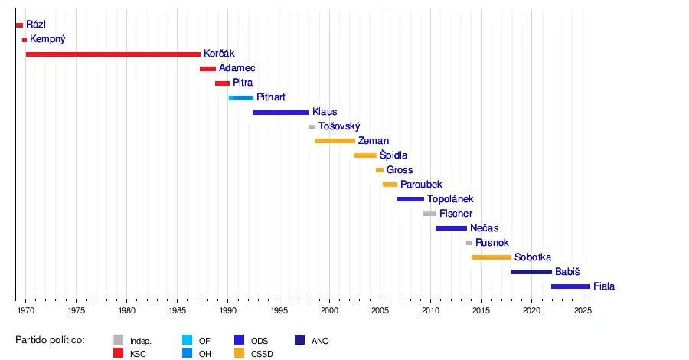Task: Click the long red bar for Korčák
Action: (113, 54)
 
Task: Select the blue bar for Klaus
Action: (281, 113)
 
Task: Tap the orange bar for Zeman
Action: (335, 141)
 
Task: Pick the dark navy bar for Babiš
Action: (531, 272)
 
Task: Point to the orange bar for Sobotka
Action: (491, 257)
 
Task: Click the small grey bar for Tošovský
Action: (312, 126)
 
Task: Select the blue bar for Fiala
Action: (570, 286)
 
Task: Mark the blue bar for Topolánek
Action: (410, 199)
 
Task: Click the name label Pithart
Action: (271, 97)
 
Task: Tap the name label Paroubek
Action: (421, 185)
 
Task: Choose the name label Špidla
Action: (393, 155)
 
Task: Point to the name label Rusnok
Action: (491, 243)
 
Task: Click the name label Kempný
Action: (47, 39)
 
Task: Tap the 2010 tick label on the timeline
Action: (430, 310)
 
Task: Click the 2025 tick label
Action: (583, 310)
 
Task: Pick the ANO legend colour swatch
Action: (299, 340)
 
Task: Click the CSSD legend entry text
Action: (262, 354)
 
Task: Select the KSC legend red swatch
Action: (119, 353)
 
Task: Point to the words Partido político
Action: (50, 339)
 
